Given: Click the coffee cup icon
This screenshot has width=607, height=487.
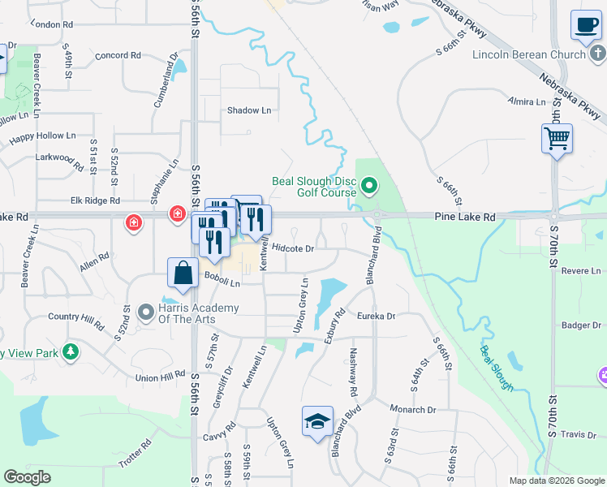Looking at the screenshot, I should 585,25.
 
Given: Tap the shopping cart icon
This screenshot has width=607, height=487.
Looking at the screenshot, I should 557,138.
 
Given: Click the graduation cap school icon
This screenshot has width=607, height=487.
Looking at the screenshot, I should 317,421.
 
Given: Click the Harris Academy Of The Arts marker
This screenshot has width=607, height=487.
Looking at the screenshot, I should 146,312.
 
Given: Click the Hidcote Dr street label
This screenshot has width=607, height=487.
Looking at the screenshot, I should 293,248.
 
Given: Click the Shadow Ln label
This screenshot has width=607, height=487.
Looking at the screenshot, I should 249,110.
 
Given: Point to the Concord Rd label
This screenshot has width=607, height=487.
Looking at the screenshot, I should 118,55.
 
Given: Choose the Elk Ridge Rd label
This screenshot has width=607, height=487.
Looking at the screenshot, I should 95,200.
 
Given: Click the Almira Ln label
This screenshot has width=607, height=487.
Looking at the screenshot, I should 527,101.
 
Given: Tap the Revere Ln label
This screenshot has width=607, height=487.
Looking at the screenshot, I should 584,270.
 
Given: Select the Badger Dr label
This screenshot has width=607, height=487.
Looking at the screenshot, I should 581,325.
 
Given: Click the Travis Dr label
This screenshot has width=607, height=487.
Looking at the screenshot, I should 583,435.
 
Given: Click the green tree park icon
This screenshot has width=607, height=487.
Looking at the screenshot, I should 71,351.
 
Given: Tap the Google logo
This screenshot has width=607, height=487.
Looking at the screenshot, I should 27,477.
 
